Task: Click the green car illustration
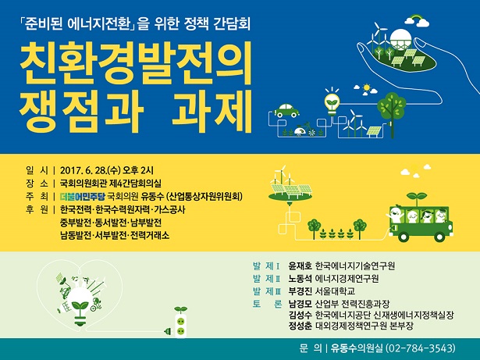286,111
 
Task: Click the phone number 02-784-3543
421,348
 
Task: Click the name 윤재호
300,266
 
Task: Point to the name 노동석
300,279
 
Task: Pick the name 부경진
300,291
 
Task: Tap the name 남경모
300,304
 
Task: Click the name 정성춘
300,326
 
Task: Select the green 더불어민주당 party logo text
83,196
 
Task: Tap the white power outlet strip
180,326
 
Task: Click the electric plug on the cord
169,331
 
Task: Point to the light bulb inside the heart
81,306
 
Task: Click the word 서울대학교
335,291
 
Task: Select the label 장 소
37,184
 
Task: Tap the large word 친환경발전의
136,62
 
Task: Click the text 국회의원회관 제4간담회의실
111,184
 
